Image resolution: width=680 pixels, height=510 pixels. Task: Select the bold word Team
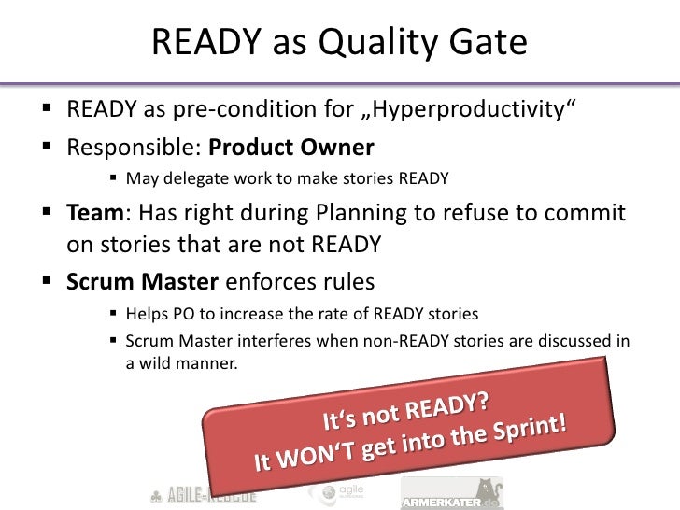pos(98,214)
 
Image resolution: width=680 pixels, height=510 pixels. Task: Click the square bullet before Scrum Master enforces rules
pos(52,281)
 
